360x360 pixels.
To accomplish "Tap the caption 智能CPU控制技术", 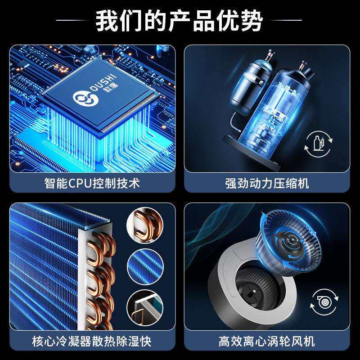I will point(92,184).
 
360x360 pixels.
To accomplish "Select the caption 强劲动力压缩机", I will point(267,184).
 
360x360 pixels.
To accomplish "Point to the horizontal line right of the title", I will point(288,20).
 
